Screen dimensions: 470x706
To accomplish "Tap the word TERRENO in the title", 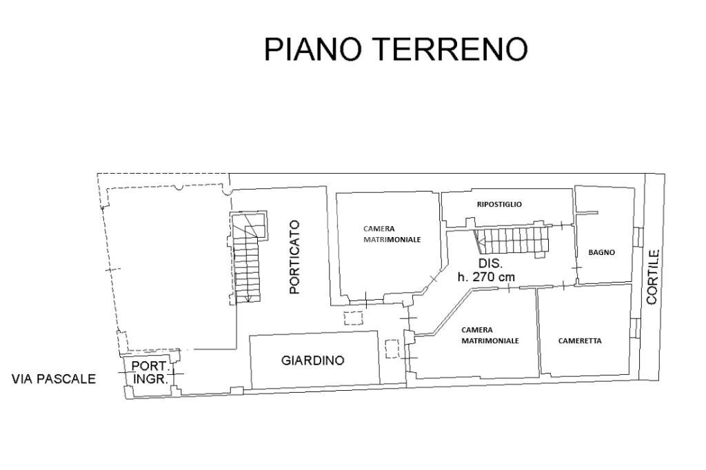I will (x=451, y=50).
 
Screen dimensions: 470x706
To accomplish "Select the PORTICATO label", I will (x=294, y=257).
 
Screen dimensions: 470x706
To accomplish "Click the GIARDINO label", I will (x=312, y=360).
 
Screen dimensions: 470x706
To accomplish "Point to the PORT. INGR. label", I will (x=150, y=372).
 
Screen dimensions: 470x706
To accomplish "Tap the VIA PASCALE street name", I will (x=54, y=379).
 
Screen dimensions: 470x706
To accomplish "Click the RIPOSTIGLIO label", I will (x=499, y=204).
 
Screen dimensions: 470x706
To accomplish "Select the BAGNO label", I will (x=601, y=252).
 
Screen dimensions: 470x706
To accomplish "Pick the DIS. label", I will (x=491, y=264).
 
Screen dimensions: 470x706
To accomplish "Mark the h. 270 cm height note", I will (x=486, y=277).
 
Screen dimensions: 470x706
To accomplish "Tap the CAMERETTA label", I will (x=580, y=340).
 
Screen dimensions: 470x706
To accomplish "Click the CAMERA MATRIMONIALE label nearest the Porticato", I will (x=392, y=234).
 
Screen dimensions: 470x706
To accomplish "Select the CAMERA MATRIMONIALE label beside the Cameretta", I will (x=490, y=335).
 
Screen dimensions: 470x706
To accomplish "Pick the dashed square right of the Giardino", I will (x=392, y=349).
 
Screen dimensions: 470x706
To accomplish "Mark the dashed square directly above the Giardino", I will (x=354, y=318).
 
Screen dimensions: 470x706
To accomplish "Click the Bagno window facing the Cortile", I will (x=638, y=236).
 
